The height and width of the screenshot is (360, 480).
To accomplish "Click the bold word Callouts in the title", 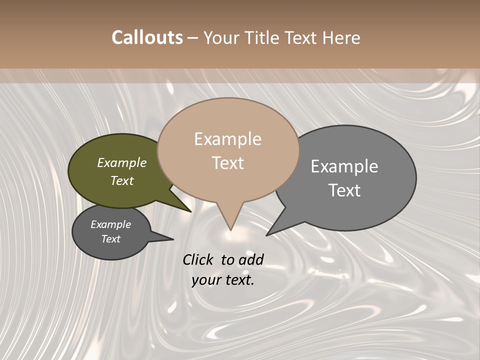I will pos(147,38).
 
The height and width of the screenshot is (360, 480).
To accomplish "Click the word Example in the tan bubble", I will pos(227,139).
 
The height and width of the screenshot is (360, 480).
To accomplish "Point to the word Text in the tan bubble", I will pos(227,163).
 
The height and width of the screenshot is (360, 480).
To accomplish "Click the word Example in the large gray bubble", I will pos(344,166).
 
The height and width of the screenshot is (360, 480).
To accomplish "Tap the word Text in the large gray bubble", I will pos(344,190).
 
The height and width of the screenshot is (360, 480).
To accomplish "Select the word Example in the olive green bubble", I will pos(122,163).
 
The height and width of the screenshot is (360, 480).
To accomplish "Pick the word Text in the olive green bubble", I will pos(122,181).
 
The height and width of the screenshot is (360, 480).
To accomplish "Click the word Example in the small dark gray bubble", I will pos(111,224).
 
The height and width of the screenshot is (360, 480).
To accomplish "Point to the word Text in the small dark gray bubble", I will pos(111,239).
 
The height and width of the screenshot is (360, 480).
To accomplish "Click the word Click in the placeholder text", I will pos(198,259).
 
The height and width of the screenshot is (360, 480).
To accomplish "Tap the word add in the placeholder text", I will pos(251,259).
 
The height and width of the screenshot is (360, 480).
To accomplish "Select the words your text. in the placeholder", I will pos(223,280).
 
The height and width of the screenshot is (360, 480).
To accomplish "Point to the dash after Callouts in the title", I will pos(193,38).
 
